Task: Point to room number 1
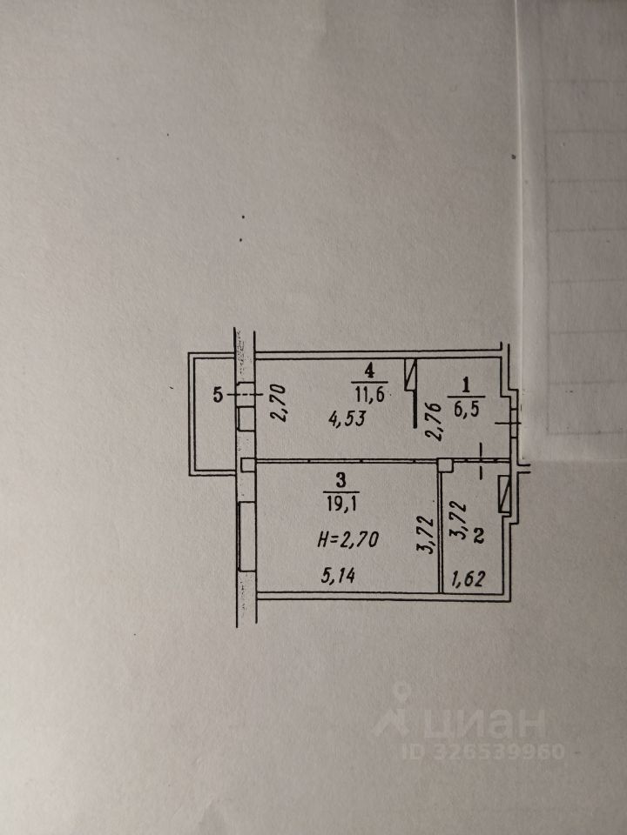pyautogui.click(x=465, y=384)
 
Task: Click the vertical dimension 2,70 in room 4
pyautogui.click(x=279, y=404)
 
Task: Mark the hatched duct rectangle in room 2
pyautogui.click(x=503, y=495)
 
